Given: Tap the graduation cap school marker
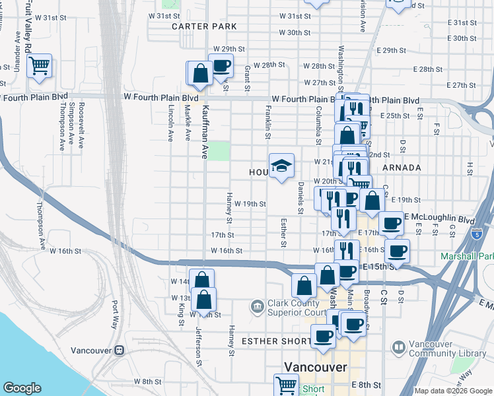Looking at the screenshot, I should point(281,166).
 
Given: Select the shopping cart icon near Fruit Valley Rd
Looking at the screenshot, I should point(39,65).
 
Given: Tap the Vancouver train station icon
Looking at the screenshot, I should point(120,350).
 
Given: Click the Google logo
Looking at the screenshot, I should point(22,388).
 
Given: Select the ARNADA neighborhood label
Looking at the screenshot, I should point(402,168).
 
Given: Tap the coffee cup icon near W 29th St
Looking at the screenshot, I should point(221,65).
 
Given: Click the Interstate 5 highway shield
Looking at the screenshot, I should point(477,234).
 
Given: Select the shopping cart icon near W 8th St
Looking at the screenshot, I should point(286,385).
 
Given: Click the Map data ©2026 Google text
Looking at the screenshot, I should point(453,391).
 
